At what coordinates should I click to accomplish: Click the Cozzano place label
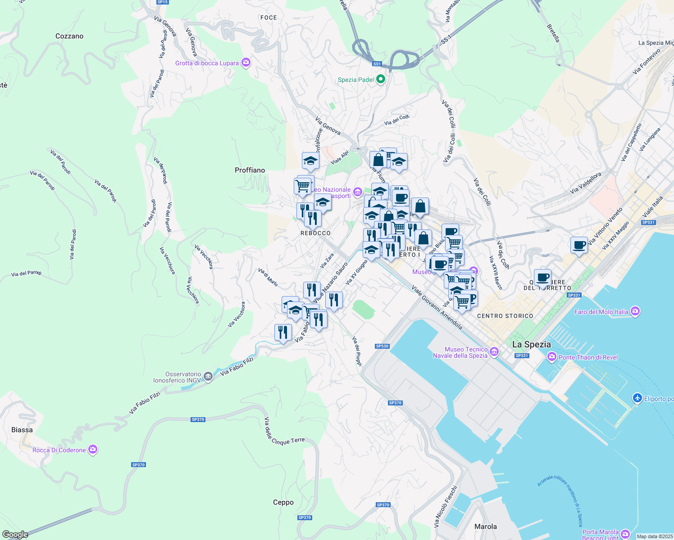click(69, 36)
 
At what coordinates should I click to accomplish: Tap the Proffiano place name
click(250, 170)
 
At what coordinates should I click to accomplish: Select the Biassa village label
click(22, 430)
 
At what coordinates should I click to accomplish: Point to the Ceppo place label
click(283, 502)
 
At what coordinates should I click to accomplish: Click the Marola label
click(485, 526)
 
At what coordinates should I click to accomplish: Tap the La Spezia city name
click(532, 344)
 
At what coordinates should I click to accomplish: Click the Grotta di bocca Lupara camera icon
click(246, 63)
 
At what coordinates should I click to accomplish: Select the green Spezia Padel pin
click(381, 79)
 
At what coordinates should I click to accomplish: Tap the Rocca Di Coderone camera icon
click(93, 450)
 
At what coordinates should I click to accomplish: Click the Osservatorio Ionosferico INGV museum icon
click(208, 377)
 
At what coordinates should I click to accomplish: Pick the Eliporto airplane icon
click(637, 398)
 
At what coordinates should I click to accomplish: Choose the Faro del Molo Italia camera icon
click(635, 311)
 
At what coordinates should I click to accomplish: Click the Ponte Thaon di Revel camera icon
click(551, 357)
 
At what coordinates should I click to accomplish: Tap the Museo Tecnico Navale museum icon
click(494, 351)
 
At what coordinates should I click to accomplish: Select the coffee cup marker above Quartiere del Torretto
click(543, 278)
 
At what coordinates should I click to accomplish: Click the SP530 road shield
click(382, 346)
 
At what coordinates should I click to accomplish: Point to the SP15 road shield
click(162, 2)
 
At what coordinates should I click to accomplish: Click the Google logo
click(15, 535)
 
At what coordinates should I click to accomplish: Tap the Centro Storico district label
click(505, 316)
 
